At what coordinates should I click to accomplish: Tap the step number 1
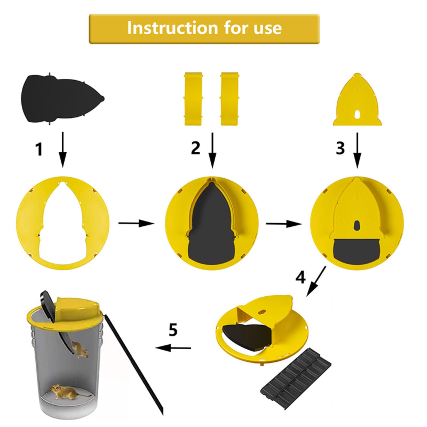pyautogui.click(x=39, y=149)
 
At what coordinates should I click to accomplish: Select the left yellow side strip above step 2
pyautogui.click(x=193, y=98)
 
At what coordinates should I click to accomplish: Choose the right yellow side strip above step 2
pyautogui.click(x=230, y=98)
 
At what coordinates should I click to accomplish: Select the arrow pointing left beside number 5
pyautogui.click(x=173, y=348)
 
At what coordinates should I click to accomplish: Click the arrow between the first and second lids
pyautogui.click(x=136, y=223)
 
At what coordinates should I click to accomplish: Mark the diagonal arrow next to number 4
pyautogui.click(x=316, y=281)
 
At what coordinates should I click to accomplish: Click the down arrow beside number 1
pyautogui.click(x=63, y=149)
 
